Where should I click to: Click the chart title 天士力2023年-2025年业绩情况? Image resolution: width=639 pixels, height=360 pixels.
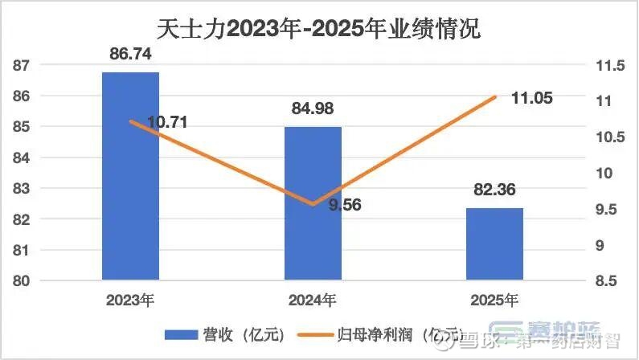(319, 30)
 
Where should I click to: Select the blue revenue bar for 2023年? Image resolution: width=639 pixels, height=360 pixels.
(130, 177)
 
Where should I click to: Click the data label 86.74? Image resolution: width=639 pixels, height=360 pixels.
(130, 55)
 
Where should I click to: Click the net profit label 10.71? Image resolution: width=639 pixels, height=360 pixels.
(168, 123)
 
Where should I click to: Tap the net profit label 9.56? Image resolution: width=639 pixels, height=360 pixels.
(345, 205)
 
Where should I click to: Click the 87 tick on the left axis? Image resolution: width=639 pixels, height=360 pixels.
(23, 65)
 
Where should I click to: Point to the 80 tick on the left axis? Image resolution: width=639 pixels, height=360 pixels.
(23, 280)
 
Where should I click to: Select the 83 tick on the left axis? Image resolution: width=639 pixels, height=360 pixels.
(23, 188)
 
